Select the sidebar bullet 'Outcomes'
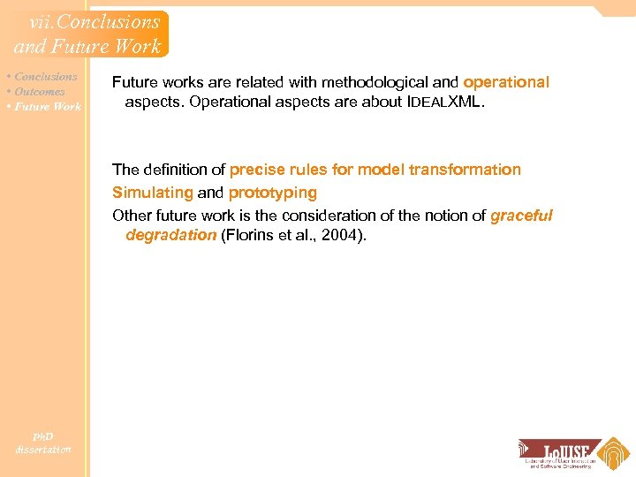(x=40, y=92)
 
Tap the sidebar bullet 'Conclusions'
(x=45, y=77)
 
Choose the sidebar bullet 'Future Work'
(x=48, y=107)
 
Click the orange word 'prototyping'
(x=272, y=193)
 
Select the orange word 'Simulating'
(x=152, y=193)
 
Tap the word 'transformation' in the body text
(x=466, y=169)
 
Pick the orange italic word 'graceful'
(x=521, y=216)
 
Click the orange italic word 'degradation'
(x=170, y=235)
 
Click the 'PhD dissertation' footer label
(x=42, y=443)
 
